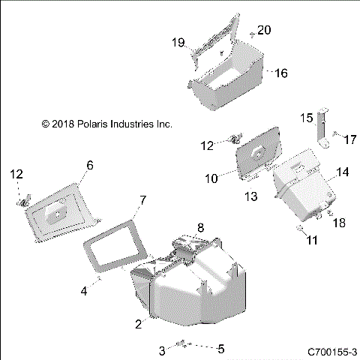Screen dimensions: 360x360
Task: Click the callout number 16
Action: tap(281, 73)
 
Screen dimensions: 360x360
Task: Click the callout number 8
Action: tap(200, 226)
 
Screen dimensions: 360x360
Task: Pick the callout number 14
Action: tap(342, 172)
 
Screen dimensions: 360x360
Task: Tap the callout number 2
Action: tap(138, 324)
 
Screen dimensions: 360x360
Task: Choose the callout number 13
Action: tap(251, 196)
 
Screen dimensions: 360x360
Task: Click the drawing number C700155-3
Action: tap(331, 351)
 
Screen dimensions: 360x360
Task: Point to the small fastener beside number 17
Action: tap(334, 133)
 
